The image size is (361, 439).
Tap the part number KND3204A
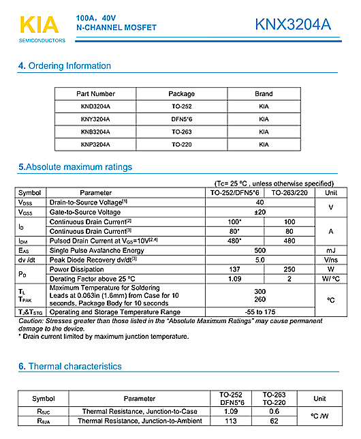95,107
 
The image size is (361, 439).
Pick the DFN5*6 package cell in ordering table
181,119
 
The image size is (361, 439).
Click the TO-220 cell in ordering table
181,145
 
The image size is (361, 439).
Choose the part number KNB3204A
95,132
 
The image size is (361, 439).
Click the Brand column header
264,94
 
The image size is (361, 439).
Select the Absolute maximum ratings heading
75,167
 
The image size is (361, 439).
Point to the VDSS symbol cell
25,202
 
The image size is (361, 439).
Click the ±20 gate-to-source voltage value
260,212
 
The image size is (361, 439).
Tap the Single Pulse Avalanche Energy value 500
260,250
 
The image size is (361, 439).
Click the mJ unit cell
331,250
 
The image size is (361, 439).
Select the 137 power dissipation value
235,269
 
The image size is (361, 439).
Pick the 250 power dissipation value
289,269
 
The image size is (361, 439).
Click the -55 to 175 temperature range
260,311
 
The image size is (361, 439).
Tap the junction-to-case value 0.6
274,412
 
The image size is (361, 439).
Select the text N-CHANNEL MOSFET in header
116,28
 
